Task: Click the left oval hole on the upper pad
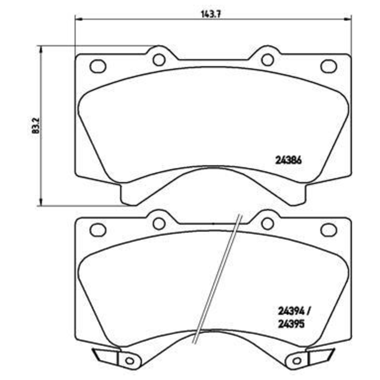pyautogui.click(x=97, y=66)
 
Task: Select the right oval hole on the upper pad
pyautogui.click(x=328, y=66)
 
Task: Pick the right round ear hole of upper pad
pyautogui.click(x=267, y=59)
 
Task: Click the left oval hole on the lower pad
pyautogui.click(x=97, y=229)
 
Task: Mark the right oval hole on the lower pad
pyautogui.click(x=328, y=229)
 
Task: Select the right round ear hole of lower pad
pyautogui.click(x=267, y=223)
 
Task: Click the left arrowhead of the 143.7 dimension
pyautogui.click(x=79, y=19)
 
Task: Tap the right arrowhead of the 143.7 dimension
pyautogui.click(x=347, y=19)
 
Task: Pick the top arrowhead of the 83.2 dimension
pyautogui.click(x=41, y=49)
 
